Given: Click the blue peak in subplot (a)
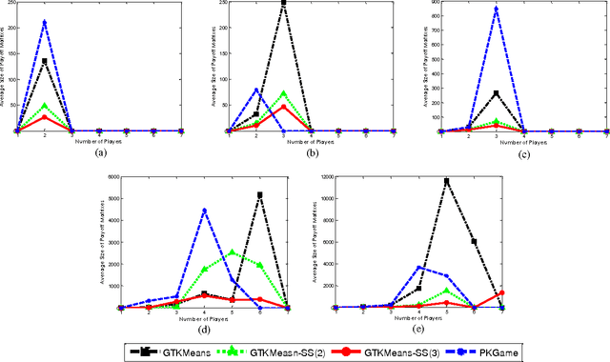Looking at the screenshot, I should click(x=45, y=22).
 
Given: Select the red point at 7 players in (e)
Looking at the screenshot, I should click(x=501, y=293).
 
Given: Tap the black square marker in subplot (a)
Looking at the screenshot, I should click(x=45, y=61).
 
